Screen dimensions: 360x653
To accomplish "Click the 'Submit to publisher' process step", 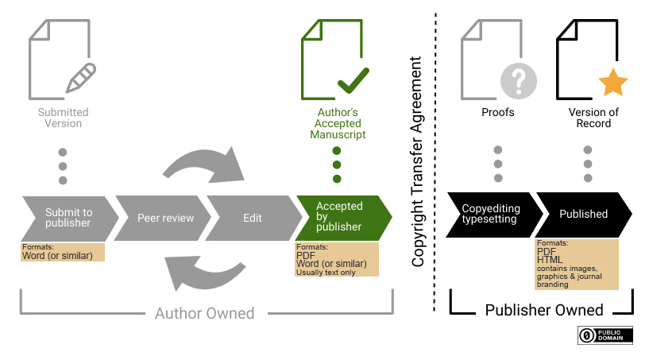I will (68, 217).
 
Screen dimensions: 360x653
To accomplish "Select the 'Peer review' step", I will (165, 217).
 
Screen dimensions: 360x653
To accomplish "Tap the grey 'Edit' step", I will (252, 217).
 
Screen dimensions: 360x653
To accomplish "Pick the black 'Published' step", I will (585, 215).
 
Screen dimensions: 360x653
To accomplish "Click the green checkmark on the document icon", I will (353, 79).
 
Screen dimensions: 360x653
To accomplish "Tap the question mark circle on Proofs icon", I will (519, 81).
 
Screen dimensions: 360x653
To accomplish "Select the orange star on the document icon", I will (612, 82).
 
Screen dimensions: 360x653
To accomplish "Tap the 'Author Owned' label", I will (205, 313).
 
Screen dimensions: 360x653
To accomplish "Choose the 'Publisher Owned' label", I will (544, 310).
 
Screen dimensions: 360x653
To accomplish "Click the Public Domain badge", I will (605, 335).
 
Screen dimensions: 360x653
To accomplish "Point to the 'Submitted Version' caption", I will (63, 118).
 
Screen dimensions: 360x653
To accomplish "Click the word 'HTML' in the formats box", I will (550, 260).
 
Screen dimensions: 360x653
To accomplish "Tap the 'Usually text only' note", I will (327, 273).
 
